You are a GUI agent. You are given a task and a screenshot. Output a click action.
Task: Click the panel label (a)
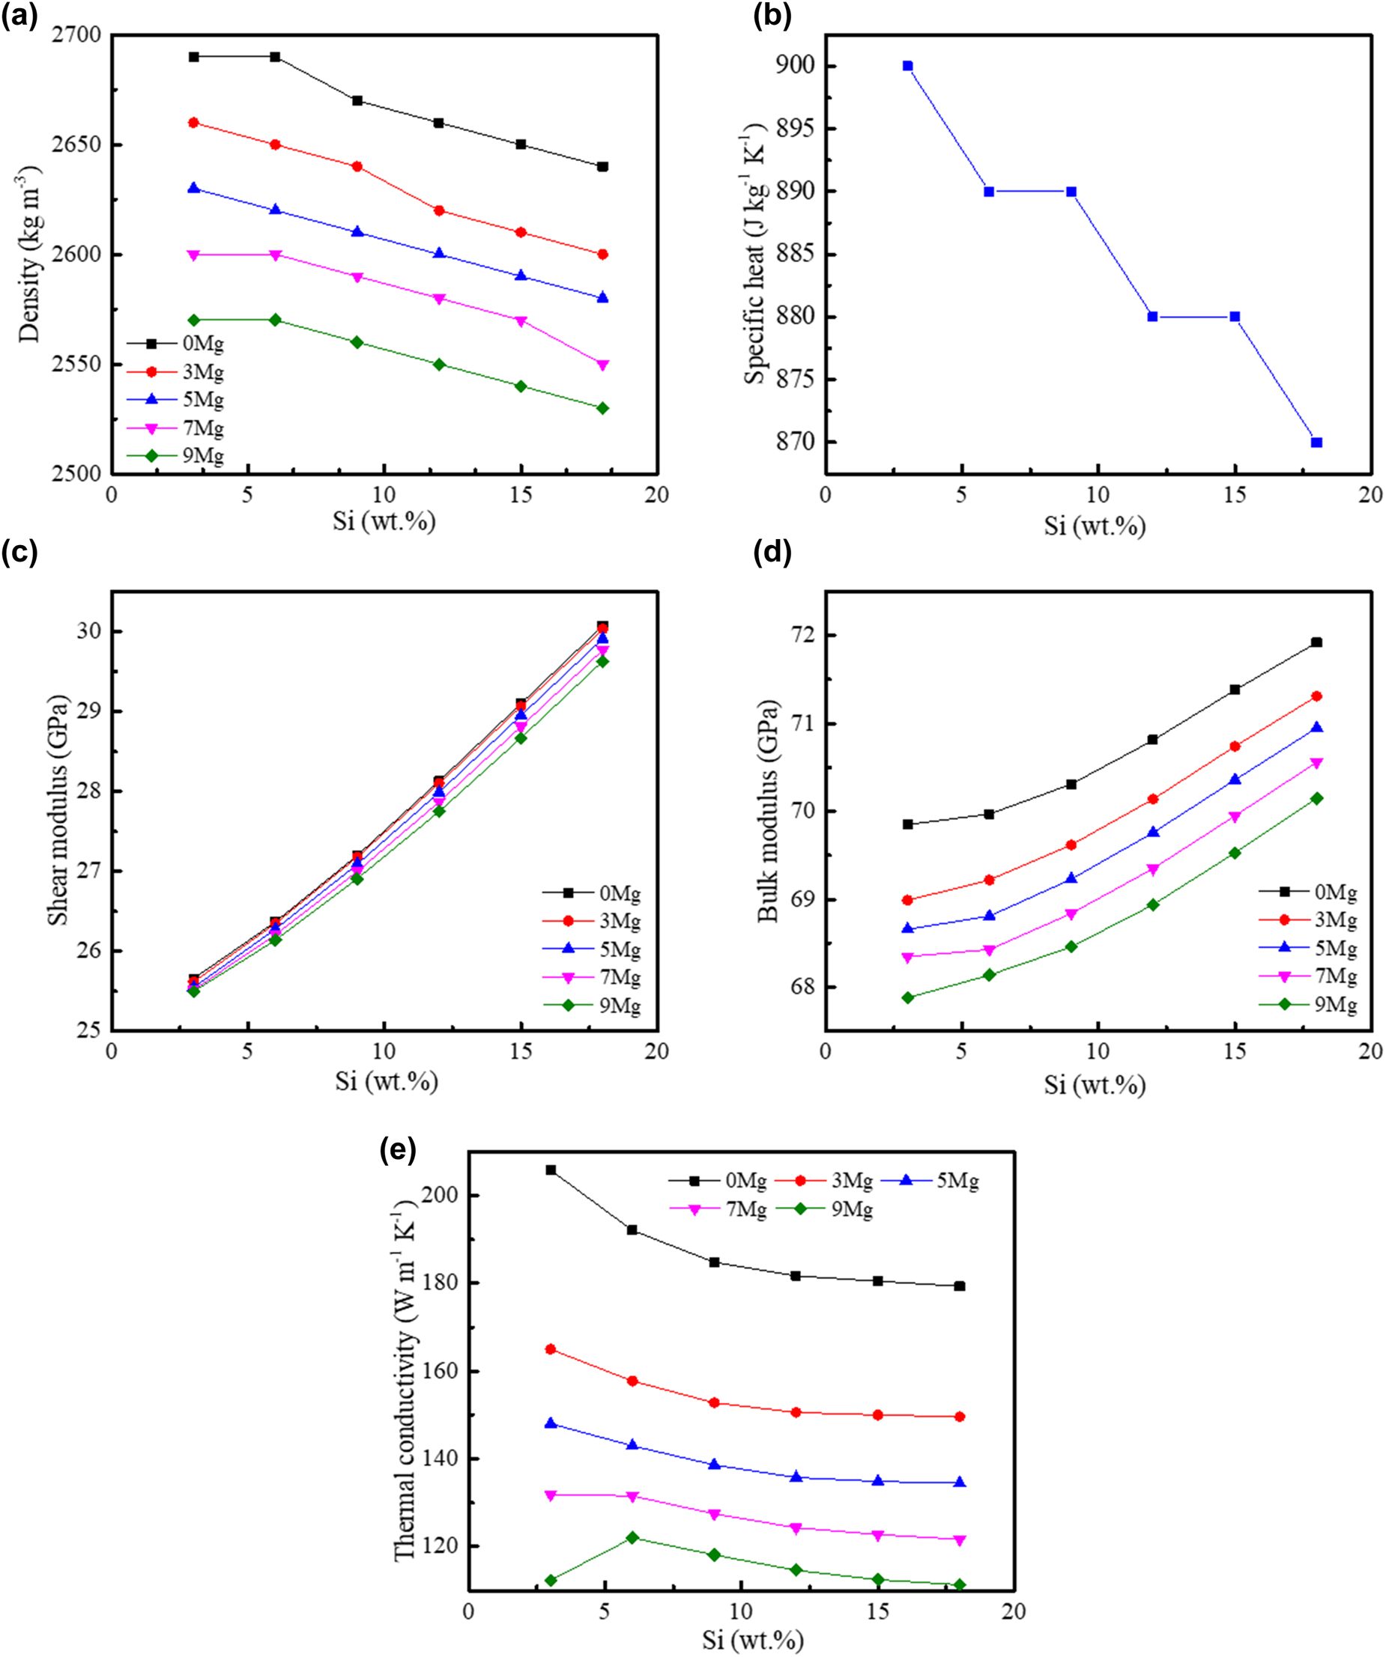pos(19,16)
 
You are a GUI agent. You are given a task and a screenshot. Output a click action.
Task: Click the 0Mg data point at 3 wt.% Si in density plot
pos(193,57)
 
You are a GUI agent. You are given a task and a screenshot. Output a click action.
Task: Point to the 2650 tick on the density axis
pos(79,145)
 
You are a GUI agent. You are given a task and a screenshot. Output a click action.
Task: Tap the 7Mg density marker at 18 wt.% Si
pos(603,365)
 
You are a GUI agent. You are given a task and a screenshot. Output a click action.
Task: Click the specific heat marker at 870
pos(1316,443)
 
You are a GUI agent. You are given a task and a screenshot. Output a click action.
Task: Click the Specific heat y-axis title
pos(755,254)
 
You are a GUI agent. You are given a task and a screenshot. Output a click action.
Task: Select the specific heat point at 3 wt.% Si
pos(908,65)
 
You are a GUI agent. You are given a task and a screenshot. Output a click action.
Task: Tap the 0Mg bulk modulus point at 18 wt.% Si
pos(1316,642)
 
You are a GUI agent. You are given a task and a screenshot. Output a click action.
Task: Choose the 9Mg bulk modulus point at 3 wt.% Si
pos(908,997)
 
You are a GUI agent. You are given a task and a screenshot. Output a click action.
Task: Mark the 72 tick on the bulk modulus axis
pos(805,636)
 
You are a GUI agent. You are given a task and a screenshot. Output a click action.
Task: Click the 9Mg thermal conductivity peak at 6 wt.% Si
pos(632,1537)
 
